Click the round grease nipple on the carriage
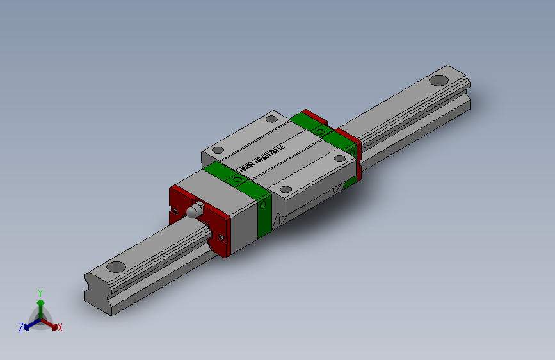(x=193, y=211)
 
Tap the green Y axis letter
(x=40, y=291)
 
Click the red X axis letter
(x=60, y=327)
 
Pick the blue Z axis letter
(x=21, y=327)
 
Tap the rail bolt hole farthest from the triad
(x=438, y=80)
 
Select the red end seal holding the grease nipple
(x=200, y=218)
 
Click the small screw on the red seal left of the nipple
(x=175, y=209)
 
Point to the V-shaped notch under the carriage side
(x=279, y=218)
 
